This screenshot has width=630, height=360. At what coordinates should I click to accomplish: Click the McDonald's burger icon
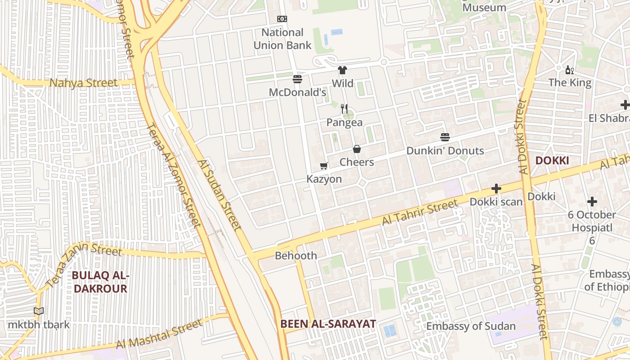297,79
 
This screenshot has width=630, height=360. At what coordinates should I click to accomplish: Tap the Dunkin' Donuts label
445,151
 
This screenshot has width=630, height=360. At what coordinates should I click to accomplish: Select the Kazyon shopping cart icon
324,166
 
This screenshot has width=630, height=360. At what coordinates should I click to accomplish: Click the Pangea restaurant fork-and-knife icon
344,109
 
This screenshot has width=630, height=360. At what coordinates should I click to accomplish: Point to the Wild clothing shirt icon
342,70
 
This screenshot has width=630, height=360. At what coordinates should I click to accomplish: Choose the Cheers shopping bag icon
357,149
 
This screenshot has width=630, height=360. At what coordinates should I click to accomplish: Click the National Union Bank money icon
282,19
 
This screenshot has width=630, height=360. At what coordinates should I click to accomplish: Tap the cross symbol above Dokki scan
496,189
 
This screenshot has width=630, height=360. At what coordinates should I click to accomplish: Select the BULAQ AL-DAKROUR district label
100,282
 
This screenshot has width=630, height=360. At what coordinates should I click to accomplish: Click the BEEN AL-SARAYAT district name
328,324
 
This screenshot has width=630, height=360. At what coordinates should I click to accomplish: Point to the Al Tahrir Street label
420,213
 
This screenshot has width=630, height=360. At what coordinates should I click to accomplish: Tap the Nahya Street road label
83,83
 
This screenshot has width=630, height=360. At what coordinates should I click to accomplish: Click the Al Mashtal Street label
159,334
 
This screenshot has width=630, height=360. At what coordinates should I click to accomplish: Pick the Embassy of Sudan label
471,326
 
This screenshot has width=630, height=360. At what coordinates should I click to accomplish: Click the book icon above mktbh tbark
39,311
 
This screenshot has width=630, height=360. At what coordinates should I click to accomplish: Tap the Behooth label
296,256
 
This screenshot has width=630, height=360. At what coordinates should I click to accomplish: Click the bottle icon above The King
569,70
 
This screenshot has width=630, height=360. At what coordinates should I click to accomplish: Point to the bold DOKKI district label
552,161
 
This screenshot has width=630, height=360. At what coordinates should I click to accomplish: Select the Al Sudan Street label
219,195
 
